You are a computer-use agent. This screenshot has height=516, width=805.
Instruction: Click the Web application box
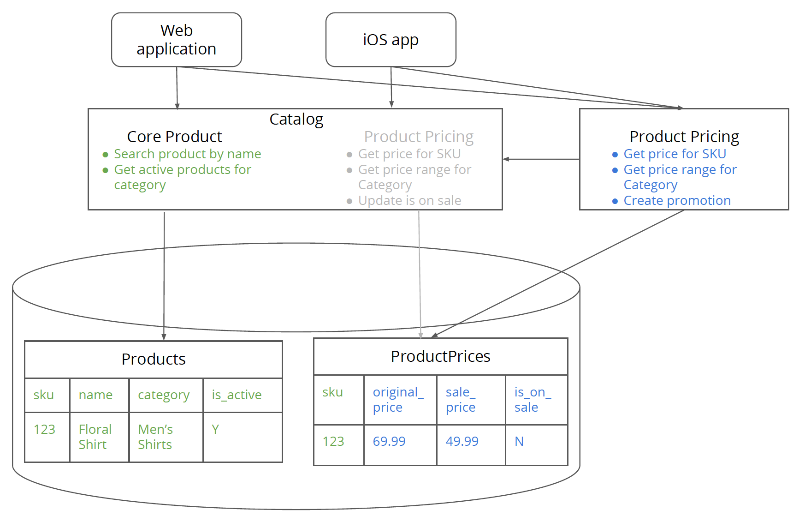click(177, 40)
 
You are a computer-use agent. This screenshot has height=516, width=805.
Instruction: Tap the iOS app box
click(391, 40)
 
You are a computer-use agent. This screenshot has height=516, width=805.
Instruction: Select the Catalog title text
click(296, 119)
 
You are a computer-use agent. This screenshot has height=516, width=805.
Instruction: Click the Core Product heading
click(174, 137)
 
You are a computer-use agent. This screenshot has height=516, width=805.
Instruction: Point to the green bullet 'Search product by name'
click(187, 154)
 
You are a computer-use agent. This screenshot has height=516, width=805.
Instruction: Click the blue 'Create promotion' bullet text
click(677, 200)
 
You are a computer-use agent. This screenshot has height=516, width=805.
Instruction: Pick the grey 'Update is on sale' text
click(409, 200)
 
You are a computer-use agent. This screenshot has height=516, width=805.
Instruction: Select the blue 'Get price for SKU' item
click(675, 154)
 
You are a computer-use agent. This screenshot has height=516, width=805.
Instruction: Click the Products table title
click(154, 359)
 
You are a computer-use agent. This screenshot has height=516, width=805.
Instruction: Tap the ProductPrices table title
click(440, 356)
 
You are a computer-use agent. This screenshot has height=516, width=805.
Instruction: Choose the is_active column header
click(237, 395)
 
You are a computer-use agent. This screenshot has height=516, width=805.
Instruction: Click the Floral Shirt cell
click(95, 437)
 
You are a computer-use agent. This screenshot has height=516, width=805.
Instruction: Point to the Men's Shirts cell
click(155, 437)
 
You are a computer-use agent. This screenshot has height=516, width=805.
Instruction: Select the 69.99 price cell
click(389, 441)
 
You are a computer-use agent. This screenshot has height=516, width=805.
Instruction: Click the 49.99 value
click(462, 441)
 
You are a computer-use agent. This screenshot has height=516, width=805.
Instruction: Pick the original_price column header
click(398, 399)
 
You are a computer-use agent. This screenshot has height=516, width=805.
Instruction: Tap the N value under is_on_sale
click(519, 441)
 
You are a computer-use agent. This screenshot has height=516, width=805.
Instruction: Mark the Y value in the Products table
click(215, 429)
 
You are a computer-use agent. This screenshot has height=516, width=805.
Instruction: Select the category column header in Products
click(164, 395)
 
